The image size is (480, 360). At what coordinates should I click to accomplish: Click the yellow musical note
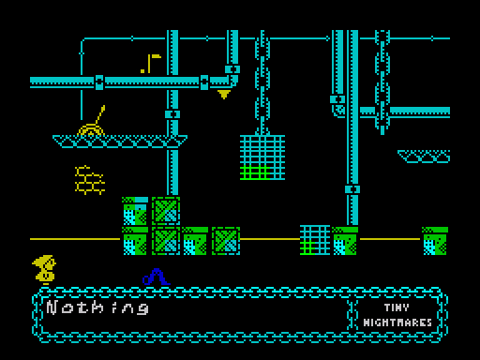tap(150, 64)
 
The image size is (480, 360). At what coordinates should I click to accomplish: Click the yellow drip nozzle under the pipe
tap(224, 95)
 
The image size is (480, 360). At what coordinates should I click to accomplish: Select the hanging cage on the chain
tap(262, 156)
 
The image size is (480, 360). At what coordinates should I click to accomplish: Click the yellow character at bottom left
tap(43, 271)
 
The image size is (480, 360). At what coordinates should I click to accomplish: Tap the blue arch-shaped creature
tap(155, 277)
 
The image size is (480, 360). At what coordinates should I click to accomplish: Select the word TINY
tap(397, 307)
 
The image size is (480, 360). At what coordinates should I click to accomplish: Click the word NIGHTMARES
tap(397, 322)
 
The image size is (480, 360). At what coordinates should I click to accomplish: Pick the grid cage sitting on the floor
tap(314, 240)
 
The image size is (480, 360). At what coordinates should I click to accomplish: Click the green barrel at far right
tap(434, 241)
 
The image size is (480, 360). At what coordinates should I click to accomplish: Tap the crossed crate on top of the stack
tap(165, 210)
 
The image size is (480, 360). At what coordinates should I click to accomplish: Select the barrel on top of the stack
tap(135, 210)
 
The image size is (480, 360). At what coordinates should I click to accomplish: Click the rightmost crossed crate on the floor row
tap(225, 241)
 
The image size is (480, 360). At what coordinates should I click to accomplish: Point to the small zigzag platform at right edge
tap(424, 156)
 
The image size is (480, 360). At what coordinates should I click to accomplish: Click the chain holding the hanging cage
tap(262, 84)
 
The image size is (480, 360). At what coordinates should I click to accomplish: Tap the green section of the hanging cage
tap(254, 172)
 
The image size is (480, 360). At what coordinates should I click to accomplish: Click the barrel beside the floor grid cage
tap(345, 241)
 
